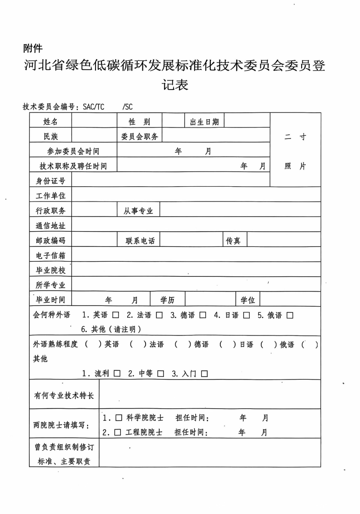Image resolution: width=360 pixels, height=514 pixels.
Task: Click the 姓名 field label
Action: pos(51,122)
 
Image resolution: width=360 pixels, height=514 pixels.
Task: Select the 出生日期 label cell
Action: pos(204,122)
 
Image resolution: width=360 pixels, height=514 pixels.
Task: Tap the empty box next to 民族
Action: pos(94,136)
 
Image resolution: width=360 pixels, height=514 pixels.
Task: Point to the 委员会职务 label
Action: pos(140,136)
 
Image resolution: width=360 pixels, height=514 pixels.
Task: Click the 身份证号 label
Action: pos(51,180)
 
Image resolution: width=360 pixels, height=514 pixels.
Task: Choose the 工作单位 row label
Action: pos(51,196)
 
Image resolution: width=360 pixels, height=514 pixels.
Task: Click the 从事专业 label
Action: pos(138,211)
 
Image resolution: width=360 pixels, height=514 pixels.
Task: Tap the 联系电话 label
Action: pos(140,240)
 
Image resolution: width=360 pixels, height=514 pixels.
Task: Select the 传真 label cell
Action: pos(233,240)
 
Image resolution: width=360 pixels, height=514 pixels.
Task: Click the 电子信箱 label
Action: pos(51,255)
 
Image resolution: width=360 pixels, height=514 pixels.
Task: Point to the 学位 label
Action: pos(248,300)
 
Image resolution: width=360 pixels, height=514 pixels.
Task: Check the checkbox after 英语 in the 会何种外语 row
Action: pos(115,315)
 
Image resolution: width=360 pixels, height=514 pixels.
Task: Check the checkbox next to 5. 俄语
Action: pos(290,315)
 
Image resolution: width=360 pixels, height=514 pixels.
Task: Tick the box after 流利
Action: pos(117,374)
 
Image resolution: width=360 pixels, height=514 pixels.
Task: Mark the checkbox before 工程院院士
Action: pos(118,432)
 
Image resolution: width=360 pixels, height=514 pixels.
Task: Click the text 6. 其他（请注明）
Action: pos(111,329)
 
